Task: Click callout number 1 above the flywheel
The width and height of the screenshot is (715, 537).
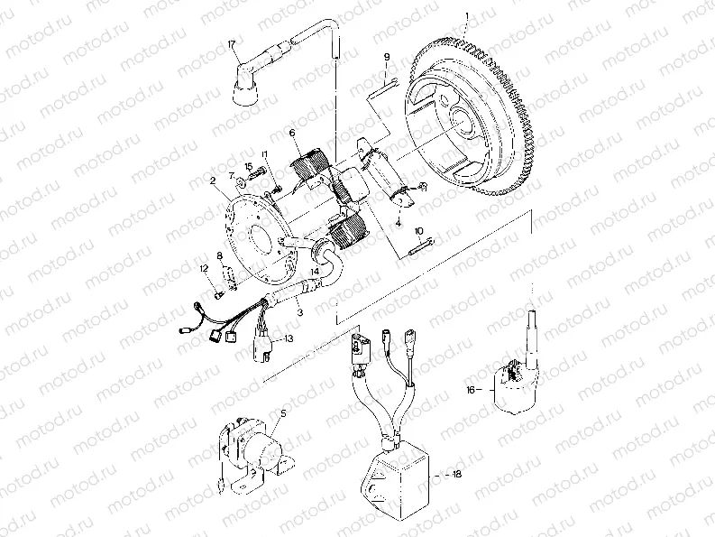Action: point(468,16)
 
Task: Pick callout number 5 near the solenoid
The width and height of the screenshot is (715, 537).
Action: point(282,412)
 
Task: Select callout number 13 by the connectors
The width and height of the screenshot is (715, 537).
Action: point(289,339)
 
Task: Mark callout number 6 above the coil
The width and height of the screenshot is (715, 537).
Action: point(293,133)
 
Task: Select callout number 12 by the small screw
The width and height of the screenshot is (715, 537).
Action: point(205,268)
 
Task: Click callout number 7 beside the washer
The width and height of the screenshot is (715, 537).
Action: point(232,175)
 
